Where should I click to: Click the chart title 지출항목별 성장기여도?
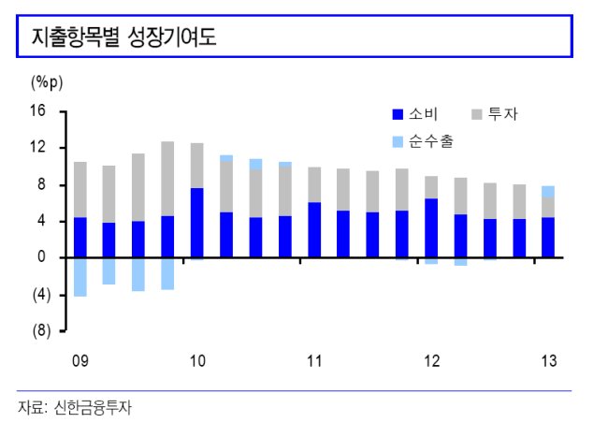pos(123,37)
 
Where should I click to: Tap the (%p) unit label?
pos(47,82)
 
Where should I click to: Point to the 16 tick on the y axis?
pos(38,111)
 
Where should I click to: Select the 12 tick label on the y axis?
pos(38,148)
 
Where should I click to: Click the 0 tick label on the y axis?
pos(41,257)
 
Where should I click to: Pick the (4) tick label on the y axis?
pos(41,295)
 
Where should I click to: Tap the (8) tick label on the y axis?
pos(41,330)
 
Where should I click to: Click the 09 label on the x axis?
pos(80,361)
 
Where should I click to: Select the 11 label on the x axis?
pos(314,361)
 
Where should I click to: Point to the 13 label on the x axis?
pos(549,361)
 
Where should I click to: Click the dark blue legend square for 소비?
pos(398,114)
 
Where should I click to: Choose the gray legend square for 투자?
pos(476,114)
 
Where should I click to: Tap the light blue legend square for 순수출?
pos(398,142)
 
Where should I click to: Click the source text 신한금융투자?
pos(93,408)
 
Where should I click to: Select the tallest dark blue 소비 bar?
pos(197,223)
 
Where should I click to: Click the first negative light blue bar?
pos(80,277)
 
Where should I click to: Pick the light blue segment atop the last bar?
pos(548,192)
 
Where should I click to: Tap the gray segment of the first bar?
pos(80,190)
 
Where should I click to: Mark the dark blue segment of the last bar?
pos(548,238)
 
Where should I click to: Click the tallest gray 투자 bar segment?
pos(167,179)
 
